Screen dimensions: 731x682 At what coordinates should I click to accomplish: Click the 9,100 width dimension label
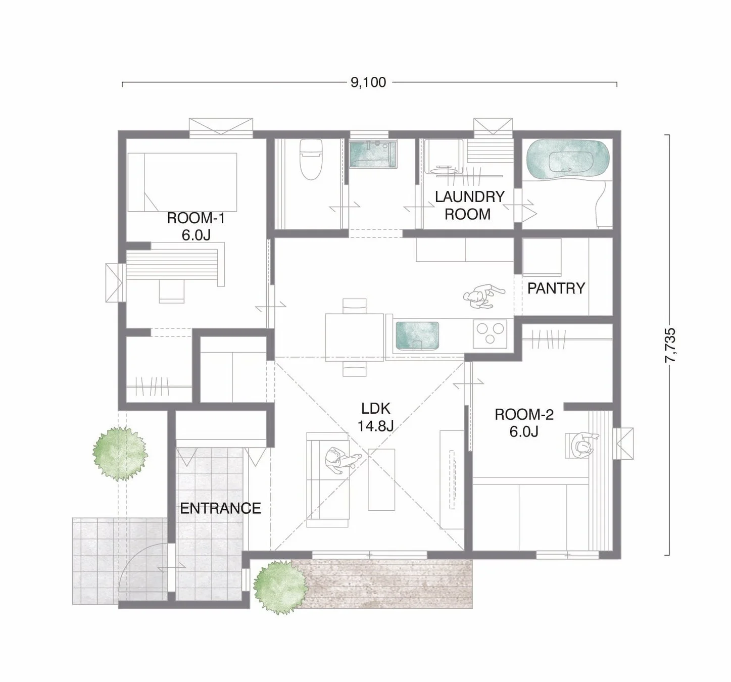coord(368,82)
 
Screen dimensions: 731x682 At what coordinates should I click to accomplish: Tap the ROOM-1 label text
coord(196,218)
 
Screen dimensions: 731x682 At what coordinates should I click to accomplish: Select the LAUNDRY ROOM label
coord(469,206)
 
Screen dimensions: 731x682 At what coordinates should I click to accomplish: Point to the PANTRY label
coord(556,288)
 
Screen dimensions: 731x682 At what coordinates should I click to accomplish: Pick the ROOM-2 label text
coord(524,415)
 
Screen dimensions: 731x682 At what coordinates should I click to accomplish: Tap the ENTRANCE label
coord(220,509)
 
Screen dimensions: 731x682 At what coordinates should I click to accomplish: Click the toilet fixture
coord(311,159)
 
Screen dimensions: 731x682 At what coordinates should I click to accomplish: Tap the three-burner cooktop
coord(490,333)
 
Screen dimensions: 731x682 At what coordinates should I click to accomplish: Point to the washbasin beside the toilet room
coord(373,154)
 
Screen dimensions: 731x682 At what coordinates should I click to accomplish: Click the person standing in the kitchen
coord(482,296)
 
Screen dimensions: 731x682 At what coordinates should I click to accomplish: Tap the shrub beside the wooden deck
coord(280,588)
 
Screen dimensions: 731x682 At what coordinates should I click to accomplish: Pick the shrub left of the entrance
coord(120,454)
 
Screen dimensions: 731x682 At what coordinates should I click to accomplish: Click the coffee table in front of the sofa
coord(382,479)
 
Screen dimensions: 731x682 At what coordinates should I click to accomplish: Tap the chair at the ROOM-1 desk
coord(172,291)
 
